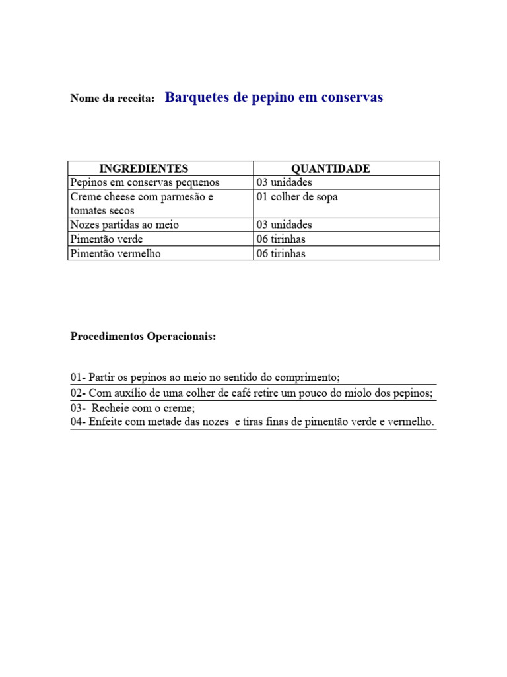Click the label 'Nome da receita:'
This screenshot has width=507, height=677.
pyautogui.click(x=112, y=99)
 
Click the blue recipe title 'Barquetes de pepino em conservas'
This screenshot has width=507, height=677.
pyautogui.click(x=273, y=97)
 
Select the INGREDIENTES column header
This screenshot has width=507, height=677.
pyautogui.click(x=143, y=169)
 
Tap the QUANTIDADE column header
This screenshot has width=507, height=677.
pyautogui.click(x=330, y=169)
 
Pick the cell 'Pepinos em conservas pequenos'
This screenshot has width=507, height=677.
pyautogui.click(x=145, y=182)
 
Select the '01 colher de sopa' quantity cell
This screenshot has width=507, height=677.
pyautogui.click(x=296, y=197)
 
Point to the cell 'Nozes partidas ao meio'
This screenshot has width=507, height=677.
pyautogui.click(x=124, y=225)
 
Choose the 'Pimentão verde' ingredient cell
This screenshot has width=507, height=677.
pyautogui.click(x=106, y=239)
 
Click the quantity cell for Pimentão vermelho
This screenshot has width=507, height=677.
pyautogui.click(x=281, y=253)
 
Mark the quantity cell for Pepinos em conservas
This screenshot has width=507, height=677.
pyautogui.click(x=284, y=182)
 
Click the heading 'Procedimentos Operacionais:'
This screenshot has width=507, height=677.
pyautogui.click(x=143, y=337)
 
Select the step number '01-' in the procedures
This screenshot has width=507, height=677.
pyautogui.click(x=78, y=378)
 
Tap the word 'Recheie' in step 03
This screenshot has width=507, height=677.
pyautogui.click(x=112, y=409)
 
